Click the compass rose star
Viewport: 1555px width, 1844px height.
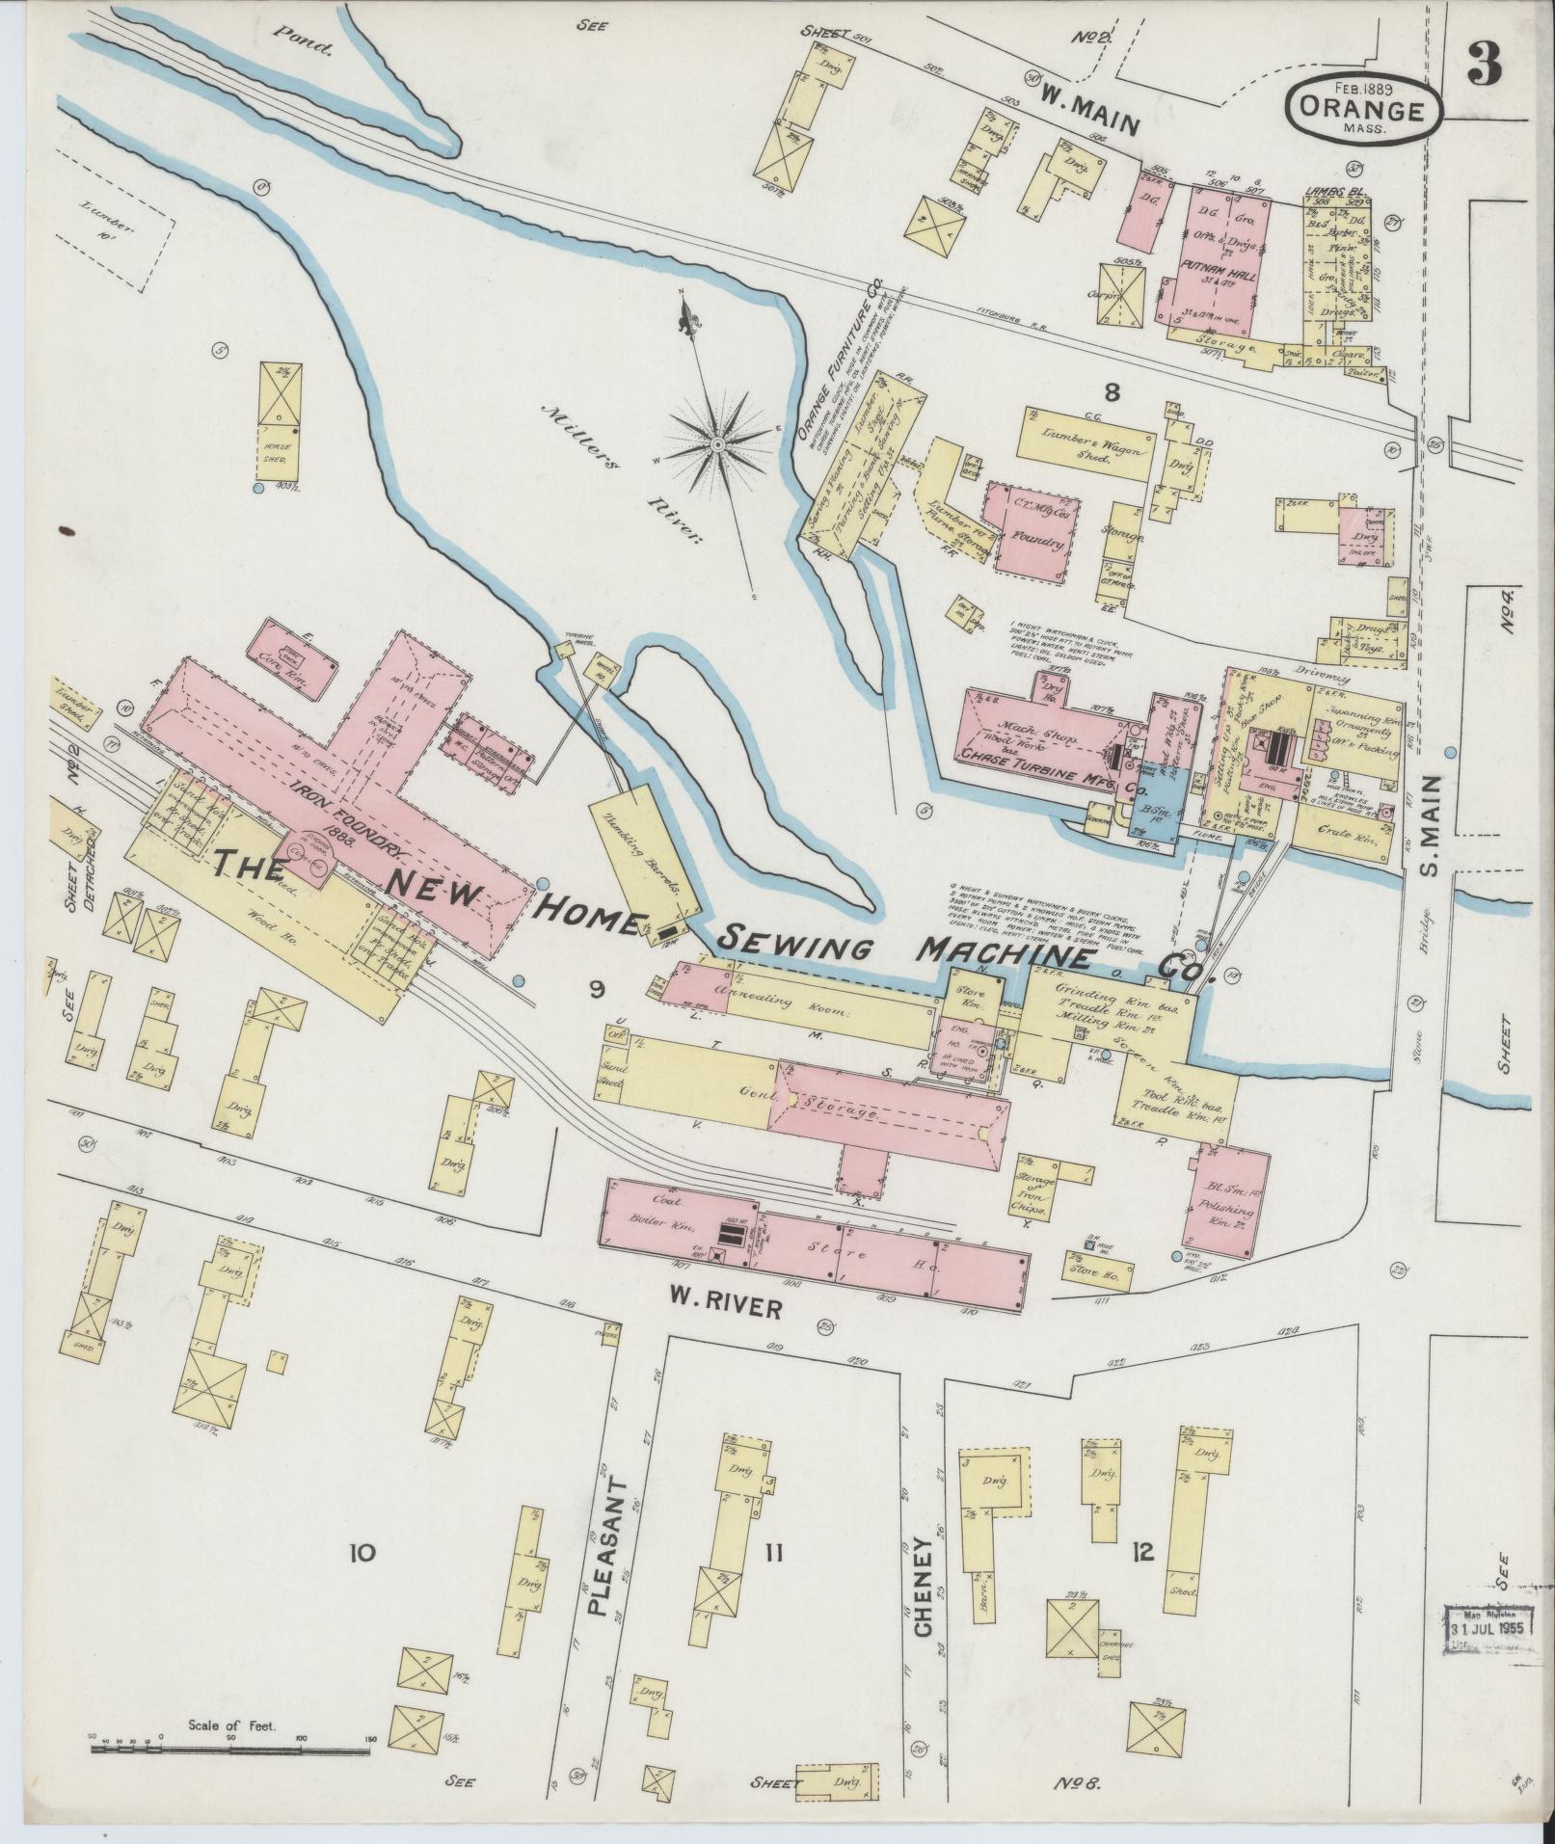pyautogui.click(x=717, y=444)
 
